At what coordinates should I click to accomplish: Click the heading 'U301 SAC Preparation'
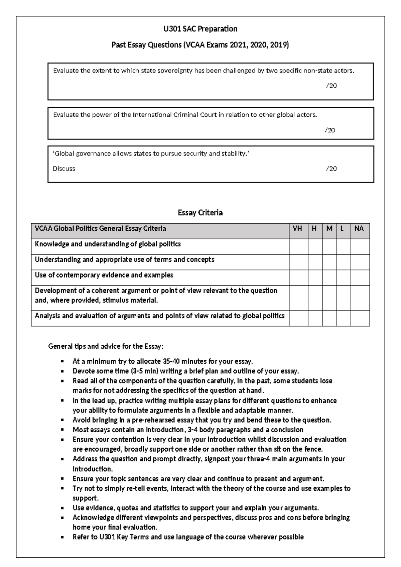click(200, 29)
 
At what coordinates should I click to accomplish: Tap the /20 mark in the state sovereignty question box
click(331, 86)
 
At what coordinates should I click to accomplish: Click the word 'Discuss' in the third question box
click(64, 168)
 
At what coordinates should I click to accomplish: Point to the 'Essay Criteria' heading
click(200, 213)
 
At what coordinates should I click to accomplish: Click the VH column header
click(297, 229)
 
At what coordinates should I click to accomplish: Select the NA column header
click(359, 229)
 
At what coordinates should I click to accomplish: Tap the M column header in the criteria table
click(329, 229)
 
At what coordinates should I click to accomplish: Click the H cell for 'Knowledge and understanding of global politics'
click(315, 246)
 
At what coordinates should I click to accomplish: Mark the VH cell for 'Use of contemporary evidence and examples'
click(298, 277)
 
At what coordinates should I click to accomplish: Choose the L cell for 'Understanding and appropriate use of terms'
click(343, 262)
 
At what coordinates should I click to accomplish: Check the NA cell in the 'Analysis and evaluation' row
click(360, 318)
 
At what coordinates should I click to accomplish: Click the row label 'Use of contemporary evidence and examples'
click(104, 275)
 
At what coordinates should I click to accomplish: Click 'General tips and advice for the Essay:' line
click(106, 346)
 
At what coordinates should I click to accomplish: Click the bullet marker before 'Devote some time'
click(62, 371)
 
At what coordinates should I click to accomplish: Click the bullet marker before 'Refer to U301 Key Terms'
click(62, 537)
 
